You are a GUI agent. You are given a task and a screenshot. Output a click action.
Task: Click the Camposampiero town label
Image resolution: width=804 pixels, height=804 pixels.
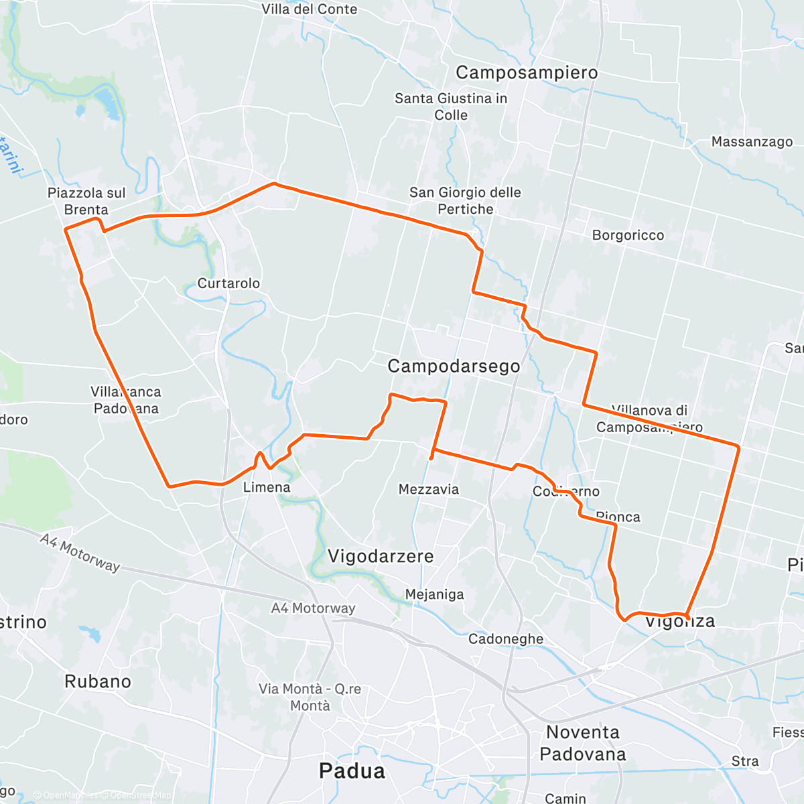tap(527, 72)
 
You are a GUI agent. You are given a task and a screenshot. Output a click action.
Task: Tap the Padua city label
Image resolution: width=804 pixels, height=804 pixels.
tap(352, 770)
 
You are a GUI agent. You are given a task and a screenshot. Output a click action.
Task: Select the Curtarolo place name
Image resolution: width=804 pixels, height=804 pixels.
tap(228, 283)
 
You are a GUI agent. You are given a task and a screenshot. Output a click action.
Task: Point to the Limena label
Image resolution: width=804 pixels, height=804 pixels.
tap(267, 487)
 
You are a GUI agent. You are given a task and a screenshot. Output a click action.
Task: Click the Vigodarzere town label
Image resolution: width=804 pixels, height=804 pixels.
tap(381, 556)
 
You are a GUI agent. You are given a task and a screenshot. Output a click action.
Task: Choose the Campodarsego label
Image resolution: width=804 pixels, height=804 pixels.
tap(454, 366)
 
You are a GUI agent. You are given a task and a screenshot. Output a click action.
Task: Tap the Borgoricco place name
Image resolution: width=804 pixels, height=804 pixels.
tap(628, 235)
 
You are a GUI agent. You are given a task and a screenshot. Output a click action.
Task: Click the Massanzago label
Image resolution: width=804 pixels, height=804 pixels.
tap(752, 141)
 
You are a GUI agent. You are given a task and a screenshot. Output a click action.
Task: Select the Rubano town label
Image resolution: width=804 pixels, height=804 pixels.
tap(98, 681)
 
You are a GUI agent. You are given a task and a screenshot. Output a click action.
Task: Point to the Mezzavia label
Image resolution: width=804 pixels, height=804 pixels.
tap(429, 489)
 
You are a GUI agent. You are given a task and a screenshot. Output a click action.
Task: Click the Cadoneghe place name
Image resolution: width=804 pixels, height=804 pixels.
tap(506, 639)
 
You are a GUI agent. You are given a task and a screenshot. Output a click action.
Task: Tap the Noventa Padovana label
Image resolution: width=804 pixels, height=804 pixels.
tap(583, 743)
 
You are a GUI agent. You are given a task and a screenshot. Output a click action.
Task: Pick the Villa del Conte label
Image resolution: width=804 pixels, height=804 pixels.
tap(309, 9)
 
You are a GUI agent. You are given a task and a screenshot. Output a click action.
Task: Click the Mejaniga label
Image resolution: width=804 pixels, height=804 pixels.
tap(434, 594)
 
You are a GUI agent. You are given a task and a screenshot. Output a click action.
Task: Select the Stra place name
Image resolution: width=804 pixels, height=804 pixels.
tap(745, 761)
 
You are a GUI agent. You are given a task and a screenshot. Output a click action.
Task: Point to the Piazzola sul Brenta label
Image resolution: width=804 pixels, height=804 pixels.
tap(86, 201)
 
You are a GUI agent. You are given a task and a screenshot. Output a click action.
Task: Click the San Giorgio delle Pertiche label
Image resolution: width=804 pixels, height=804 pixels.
tap(465, 200)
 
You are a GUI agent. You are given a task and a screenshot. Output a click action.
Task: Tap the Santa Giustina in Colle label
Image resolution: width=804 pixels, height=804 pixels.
tap(451, 107)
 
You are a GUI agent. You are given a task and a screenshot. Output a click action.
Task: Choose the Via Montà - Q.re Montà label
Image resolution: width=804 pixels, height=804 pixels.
tap(310, 697)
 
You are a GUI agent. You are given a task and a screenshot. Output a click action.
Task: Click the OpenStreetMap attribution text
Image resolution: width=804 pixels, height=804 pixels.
tap(140, 795)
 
